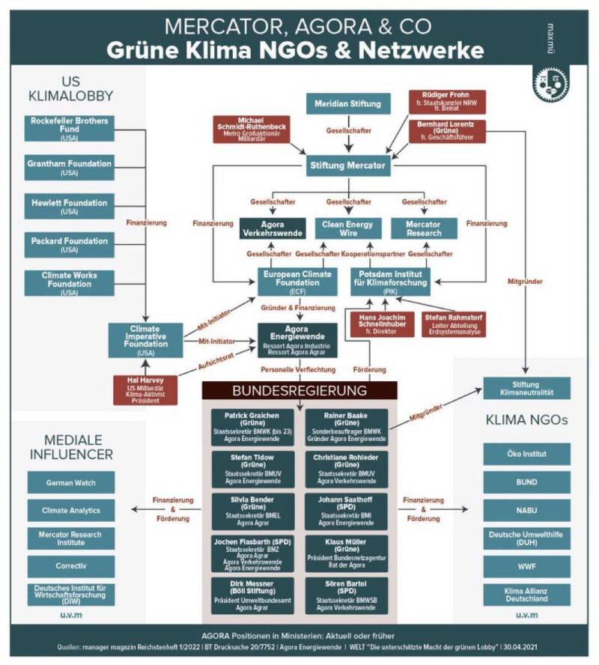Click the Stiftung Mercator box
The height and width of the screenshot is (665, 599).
[x=349, y=165]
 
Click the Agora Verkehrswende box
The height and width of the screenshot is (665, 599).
[x=273, y=228]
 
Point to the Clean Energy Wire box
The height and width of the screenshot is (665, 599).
[x=347, y=228]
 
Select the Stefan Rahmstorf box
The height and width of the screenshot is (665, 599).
[x=452, y=324]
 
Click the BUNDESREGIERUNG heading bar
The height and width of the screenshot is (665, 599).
[x=299, y=390]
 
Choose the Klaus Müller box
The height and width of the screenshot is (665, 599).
[x=347, y=553]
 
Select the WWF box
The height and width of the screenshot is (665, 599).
[x=526, y=565]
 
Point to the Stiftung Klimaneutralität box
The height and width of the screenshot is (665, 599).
[x=526, y=388]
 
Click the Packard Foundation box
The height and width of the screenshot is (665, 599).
[x=69, y=245]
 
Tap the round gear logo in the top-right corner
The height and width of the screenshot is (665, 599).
[x=550, y=84]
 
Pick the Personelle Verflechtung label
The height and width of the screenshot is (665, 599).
[x=298, y=370]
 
